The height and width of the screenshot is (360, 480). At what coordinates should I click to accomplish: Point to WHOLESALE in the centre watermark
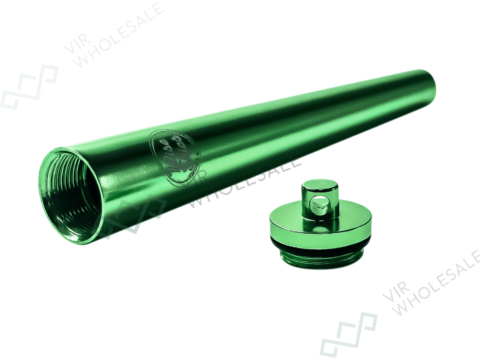(x=247, y=180)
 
